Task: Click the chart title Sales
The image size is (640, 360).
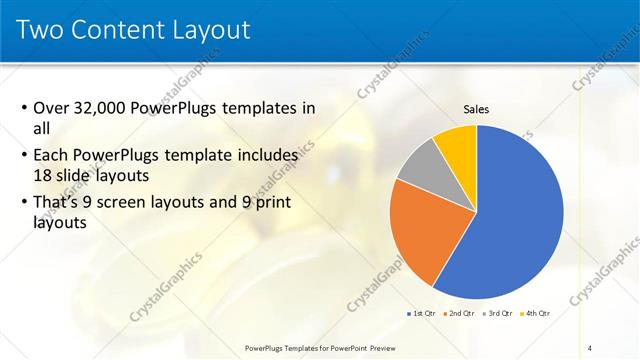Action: [x=477, y=109]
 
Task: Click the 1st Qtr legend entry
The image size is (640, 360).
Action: [x=423, y=313]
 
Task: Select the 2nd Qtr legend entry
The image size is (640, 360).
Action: [x=461, y=313]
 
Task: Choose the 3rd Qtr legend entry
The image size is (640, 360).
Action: [x=498, y=313]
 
